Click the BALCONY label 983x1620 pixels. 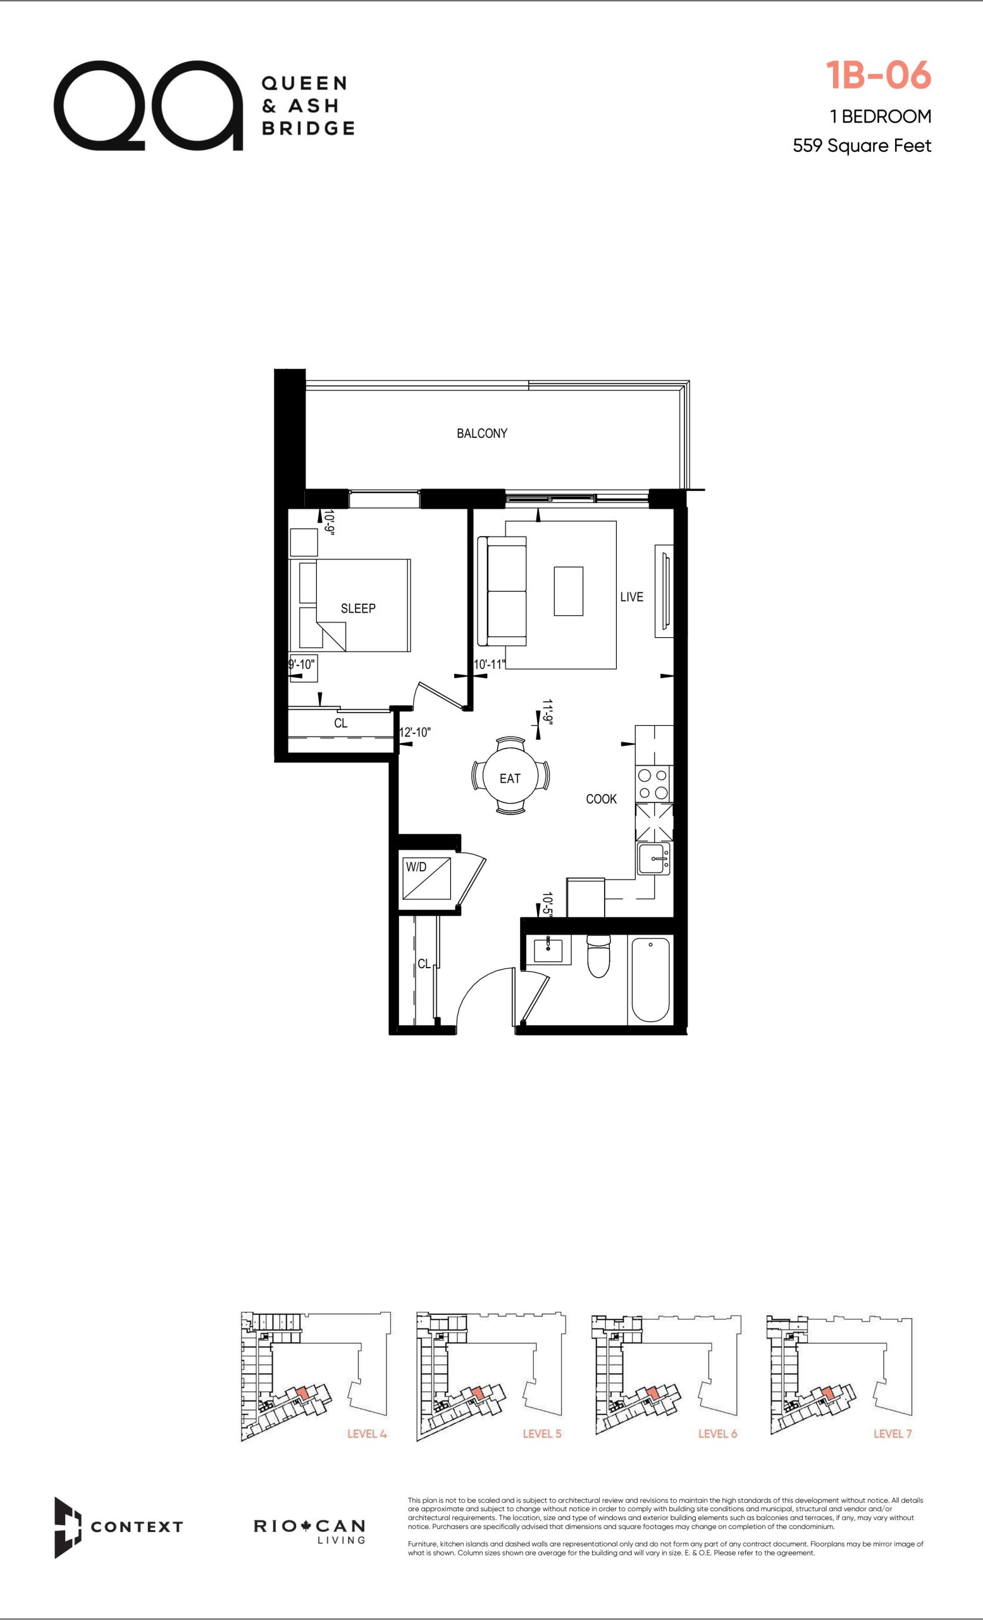[x=481, y=433]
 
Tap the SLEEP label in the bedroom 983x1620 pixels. [x=358, y=608]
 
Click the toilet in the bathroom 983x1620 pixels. [x=598, y=956]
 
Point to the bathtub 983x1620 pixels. [x=650, y=979]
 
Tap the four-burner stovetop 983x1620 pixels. [x=653, y=784]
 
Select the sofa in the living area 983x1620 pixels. [x=502, y=591]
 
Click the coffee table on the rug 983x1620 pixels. [x=569, y=591]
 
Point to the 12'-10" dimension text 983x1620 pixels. [x=416, y=732]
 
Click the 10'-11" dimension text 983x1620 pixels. [x=490, y=664]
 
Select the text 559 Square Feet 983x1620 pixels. [x=862, y=146]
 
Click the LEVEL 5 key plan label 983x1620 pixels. [x=542, y=1433]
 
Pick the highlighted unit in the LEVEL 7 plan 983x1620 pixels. [x=829, y=1393]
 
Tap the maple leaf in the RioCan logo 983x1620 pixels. [x=305, y=1525]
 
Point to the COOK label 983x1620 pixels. [x=601, y=799]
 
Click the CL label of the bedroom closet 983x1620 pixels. [x=340, y=723]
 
